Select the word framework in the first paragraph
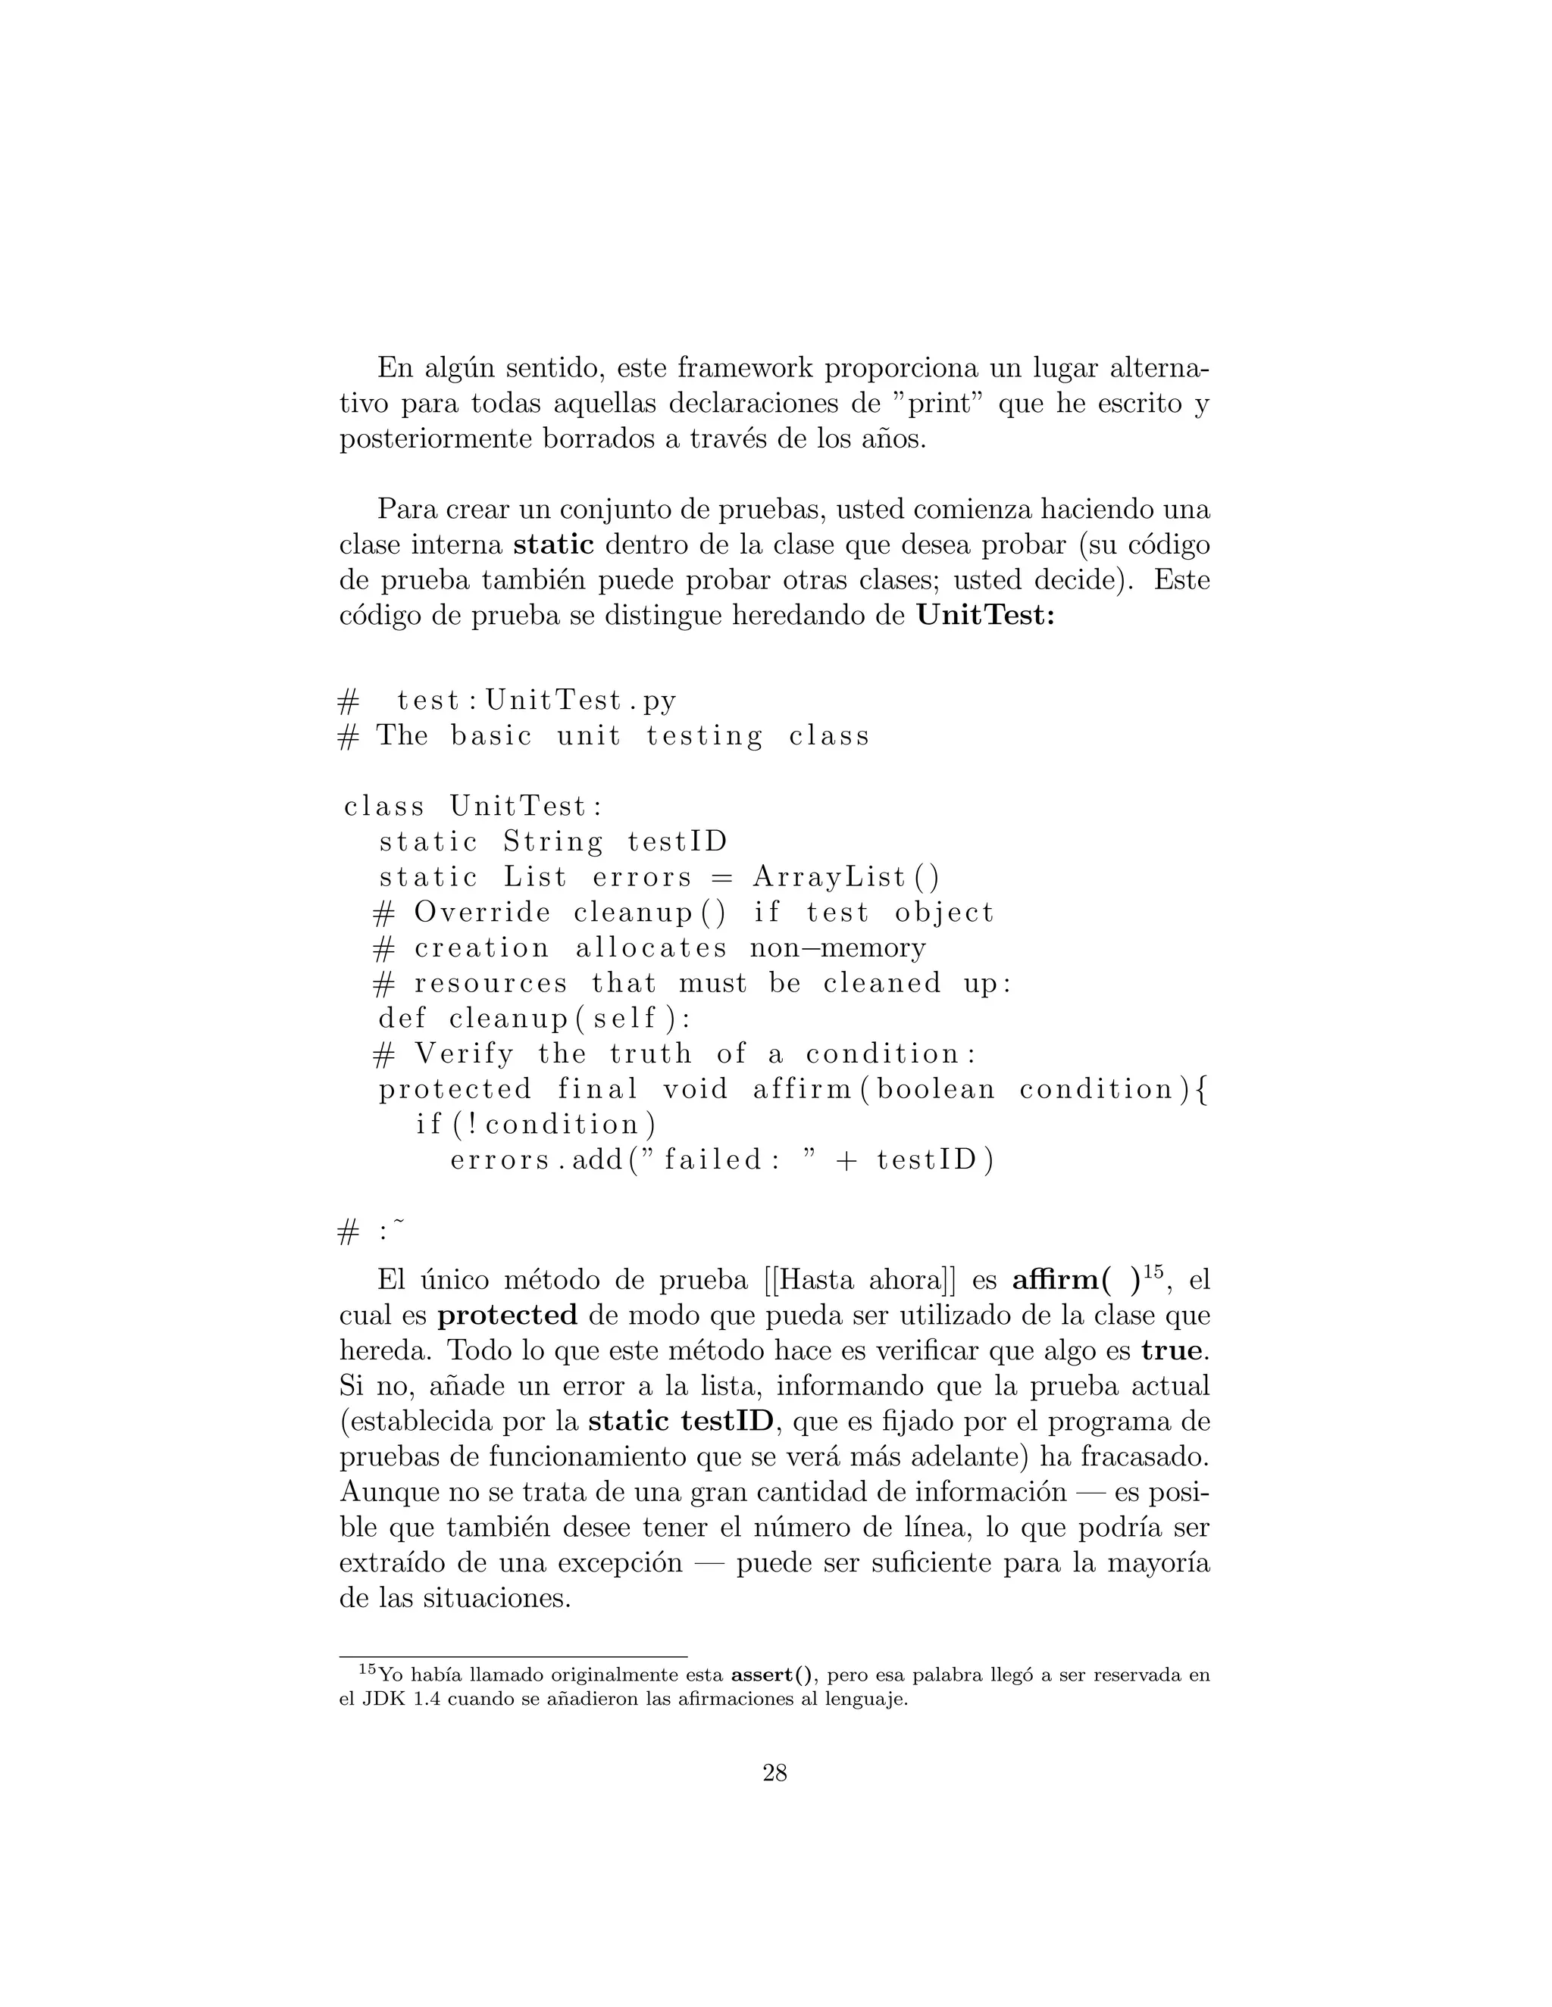[x=745, y=369]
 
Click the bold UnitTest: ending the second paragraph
[x=986, y=616]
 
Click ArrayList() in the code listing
[x=846, y=878]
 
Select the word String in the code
[x=552, y=841]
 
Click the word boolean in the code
[x=936, y=1090]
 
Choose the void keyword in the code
[x=696, y=1090]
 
